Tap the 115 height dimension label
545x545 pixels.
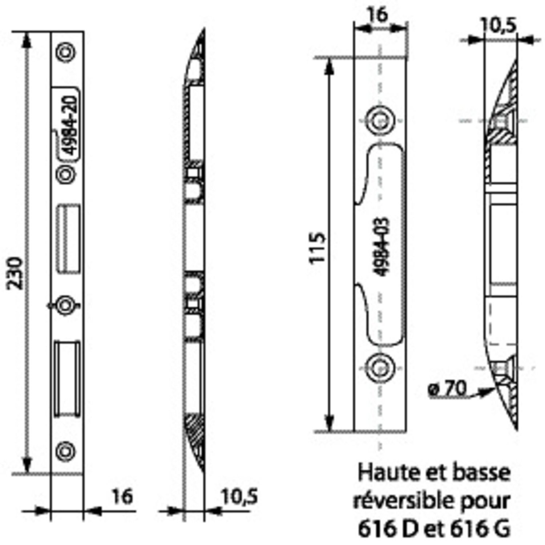317,247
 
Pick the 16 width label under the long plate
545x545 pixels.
122,497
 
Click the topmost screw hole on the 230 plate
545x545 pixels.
66,52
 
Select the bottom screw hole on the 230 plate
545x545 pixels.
66,451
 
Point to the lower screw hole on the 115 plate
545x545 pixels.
379,367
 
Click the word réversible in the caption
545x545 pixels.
408,501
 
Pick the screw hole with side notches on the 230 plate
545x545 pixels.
65,305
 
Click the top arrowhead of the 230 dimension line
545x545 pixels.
26,40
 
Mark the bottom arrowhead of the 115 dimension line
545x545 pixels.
329,423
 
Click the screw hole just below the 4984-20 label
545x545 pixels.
66,175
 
